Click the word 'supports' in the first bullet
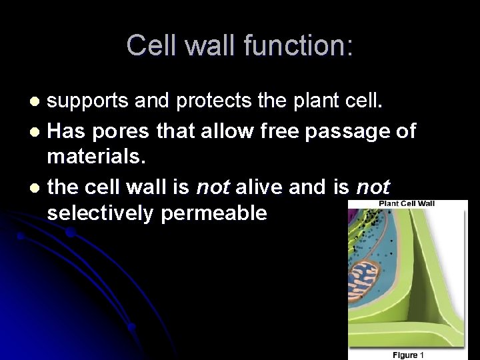[x=91, y=101]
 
